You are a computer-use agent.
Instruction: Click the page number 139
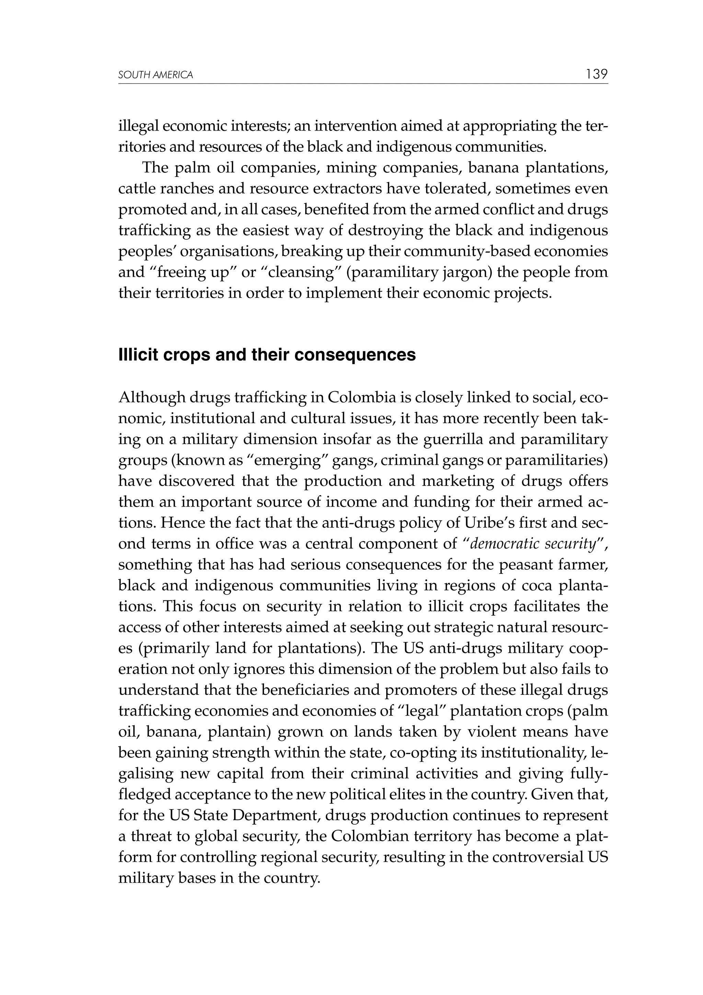597,74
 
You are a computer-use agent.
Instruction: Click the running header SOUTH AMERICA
155,76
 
